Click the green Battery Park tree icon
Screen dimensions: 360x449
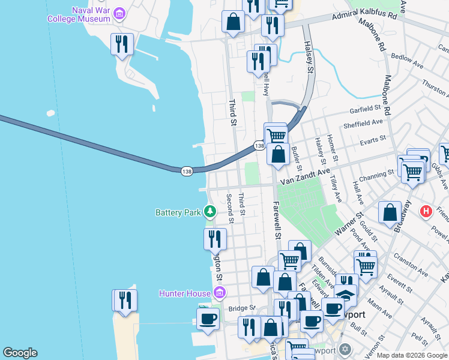click(x=209, y=211)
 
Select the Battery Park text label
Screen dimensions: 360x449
click(x=178, y=212)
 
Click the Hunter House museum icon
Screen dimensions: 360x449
click(x=220, y=293)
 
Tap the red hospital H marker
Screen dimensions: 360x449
click(x=426, y=211)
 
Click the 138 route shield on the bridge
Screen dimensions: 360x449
click(x=186, y=172)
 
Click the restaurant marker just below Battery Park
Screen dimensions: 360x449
click(x=215, y=239)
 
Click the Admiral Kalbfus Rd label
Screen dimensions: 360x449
click(x=365, y=16)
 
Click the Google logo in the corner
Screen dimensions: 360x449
click(x=20, y=353)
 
